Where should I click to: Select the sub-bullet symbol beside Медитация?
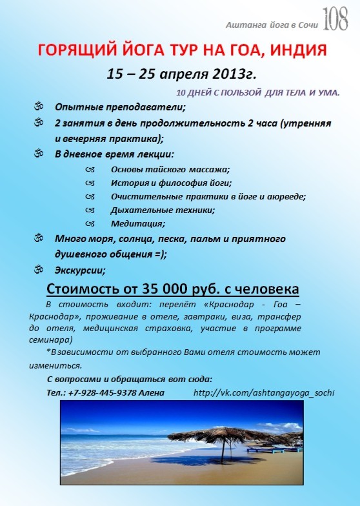[90, 223]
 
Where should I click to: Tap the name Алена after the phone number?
[152, 392]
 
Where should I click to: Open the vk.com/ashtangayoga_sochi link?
[264, 392]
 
